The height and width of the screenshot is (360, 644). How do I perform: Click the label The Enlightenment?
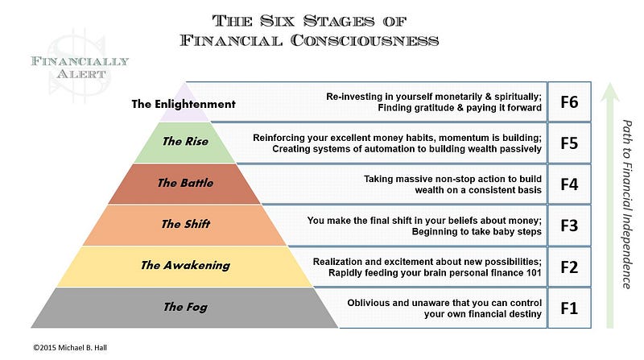[x=184, y=104]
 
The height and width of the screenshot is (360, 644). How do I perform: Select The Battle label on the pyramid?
[x=185, y=183]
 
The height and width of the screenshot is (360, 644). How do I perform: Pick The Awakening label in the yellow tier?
[x=185, y=265]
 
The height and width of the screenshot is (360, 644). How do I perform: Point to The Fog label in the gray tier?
[x=184, y=307]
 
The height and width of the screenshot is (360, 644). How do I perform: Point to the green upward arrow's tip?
[x=610, y=85]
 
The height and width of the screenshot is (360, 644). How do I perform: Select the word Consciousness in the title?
[x=362, y=39]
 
